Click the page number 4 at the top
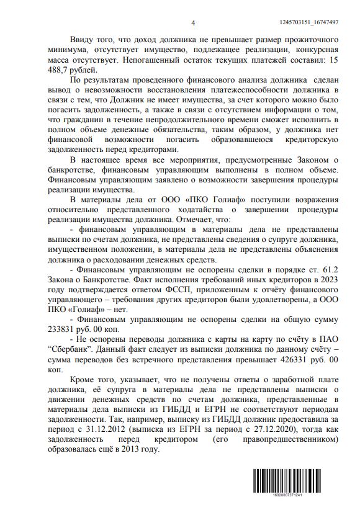tap(193, 23)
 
